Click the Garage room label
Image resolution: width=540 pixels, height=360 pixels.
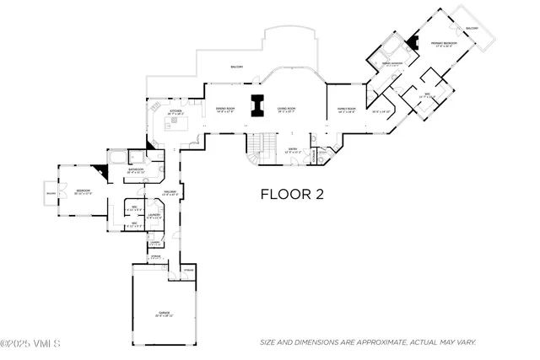point(164,313)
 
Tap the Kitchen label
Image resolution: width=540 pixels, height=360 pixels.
point(175,111)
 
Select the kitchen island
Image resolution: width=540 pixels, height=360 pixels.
point(177,126)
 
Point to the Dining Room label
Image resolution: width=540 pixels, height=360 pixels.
point(224,109)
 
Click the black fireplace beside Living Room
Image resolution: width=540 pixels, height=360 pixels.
point(256,107)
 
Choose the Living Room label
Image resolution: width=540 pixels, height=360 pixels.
point(287,109)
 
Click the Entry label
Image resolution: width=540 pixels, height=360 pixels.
point(294,151)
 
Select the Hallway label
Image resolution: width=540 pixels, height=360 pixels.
point(168,193)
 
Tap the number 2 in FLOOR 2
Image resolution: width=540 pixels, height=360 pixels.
point(319,195)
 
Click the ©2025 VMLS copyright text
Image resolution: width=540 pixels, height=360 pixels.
point(30,343)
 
